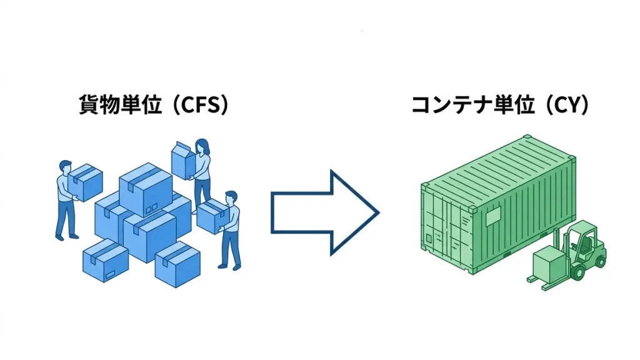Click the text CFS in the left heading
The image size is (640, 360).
coord(199,105)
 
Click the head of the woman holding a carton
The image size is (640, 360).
coord(202,146)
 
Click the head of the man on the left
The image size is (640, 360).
coord(65,167)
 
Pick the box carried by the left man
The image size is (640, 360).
coord(86,181)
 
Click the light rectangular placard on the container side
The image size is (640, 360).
coord(491,216)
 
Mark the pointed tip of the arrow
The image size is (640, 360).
coord(377,212)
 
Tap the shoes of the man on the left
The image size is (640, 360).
coord(66,236)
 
